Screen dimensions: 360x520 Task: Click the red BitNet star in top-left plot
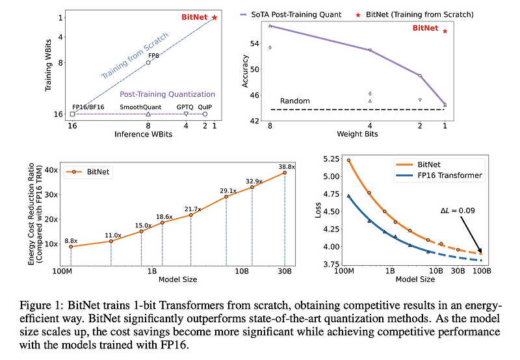[x=214, y=18]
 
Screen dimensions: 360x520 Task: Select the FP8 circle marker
[x=148, y=62]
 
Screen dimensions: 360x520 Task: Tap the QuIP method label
[x=205, y=106]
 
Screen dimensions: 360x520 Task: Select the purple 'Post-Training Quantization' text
[x=168, y=94]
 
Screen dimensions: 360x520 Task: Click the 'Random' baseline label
[x=294, y=101]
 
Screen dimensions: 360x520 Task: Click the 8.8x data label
[x=71, y=240]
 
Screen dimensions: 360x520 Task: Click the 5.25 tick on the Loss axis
[x=331, y=159]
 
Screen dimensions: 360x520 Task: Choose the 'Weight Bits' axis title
[x=357, y=134]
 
